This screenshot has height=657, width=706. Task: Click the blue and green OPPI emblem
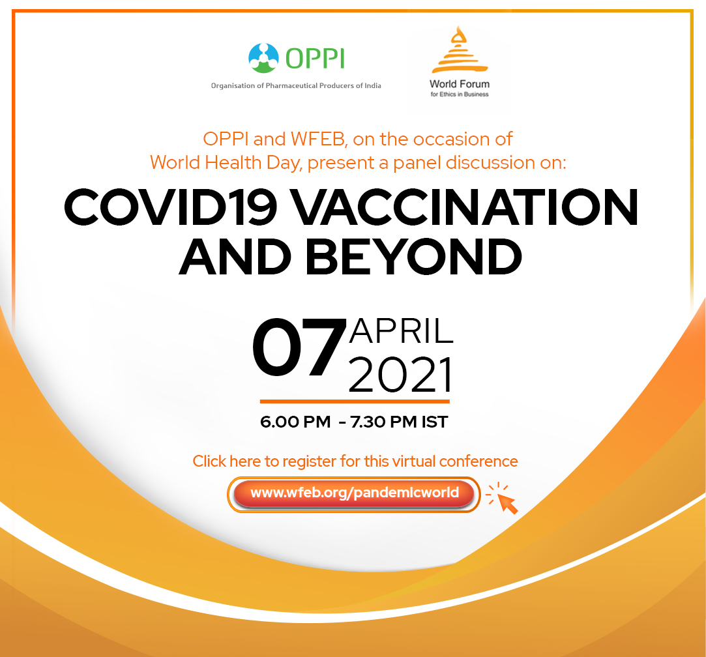point(264,58)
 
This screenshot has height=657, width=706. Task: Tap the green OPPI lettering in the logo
point(315,59)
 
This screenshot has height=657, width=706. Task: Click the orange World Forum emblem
point(460,50)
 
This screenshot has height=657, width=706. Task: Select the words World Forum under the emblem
point(460,84)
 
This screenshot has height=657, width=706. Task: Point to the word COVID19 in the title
point(170,207)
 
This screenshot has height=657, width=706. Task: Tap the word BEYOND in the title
point(414,257)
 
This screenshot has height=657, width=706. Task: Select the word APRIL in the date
point(401,331)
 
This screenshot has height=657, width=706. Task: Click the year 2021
point(400,375)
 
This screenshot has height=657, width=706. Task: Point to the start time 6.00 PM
point(295,422)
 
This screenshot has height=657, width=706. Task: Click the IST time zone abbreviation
point(435,422)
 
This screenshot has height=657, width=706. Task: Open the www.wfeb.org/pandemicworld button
point(354,494)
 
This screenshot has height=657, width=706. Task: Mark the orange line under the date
point(355,401)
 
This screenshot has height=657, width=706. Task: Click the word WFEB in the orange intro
point(319,139)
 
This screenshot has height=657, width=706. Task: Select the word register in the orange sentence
point(310,461)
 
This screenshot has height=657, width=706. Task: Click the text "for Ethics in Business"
point(460,94)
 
